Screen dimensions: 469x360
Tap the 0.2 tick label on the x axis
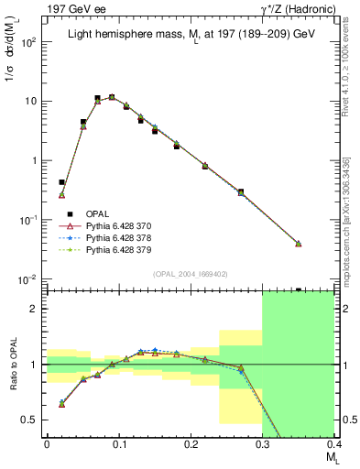pos(190,450)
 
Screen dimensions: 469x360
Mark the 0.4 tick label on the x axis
pos(333,450)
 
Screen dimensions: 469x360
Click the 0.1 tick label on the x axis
pos(118,450)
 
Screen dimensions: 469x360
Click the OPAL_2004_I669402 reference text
pos(189,272)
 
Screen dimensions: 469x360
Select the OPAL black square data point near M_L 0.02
pos(61,182)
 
